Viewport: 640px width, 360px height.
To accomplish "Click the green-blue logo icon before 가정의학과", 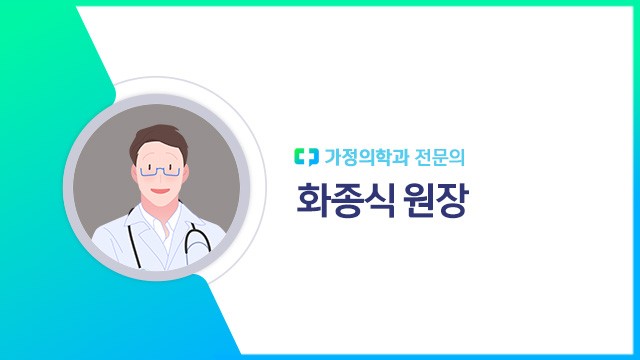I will click(x=305, y=156).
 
